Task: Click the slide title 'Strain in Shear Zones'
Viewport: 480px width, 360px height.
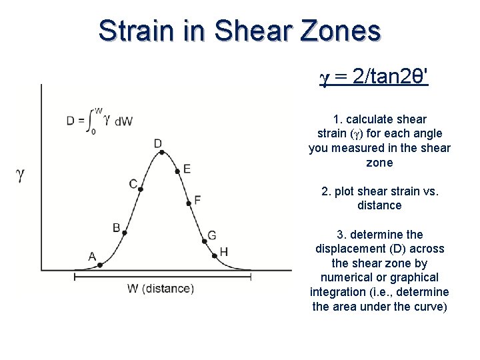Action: coord(240,31)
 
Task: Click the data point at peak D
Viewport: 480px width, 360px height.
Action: coord(161,152)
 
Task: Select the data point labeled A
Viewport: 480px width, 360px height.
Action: coord(99,265)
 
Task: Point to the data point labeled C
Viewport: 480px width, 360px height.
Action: coord(141,189)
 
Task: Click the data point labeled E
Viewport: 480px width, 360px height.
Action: coord(177,171)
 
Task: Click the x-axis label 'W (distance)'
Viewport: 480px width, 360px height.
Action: coord(160,289)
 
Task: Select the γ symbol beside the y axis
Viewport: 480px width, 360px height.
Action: coord(21,175)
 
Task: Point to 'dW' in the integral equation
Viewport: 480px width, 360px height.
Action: coord(123,121)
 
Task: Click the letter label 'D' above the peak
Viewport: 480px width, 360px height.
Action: coord(158,143)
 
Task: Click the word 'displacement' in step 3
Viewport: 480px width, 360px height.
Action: coord(346,249)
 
